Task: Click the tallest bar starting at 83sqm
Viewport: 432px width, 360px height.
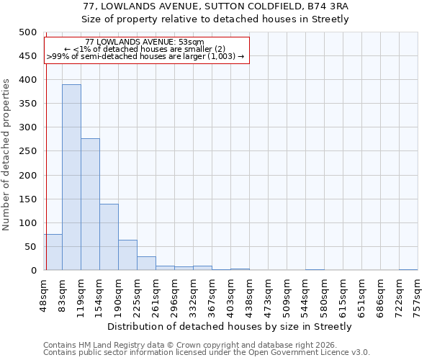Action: pyautogui.click(x=71, y=177)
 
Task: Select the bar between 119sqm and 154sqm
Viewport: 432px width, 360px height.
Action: pyautogui.click(x=90, y=204)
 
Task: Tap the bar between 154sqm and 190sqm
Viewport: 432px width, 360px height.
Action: pyautogui.click(x=109, y=237)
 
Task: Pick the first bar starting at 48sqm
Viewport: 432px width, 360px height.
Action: pyautogui.click(x=53, y=253)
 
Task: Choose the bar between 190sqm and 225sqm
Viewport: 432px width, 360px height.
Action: pyautogui.click(x=127, y=255)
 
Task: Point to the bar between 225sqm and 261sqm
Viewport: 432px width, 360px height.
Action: pyautogui.click(x=146, y=264)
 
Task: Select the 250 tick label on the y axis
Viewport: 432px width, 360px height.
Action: pyautogui.click(x=27, y=151)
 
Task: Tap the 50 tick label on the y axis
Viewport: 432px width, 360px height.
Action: pyautogui.click(x=30, y=247)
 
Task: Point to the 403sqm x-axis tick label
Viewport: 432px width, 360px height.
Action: pyautogui.click(x=230, y=293)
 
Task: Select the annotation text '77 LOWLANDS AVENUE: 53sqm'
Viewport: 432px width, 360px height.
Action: pyautogui.click(x=144, y=42)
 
